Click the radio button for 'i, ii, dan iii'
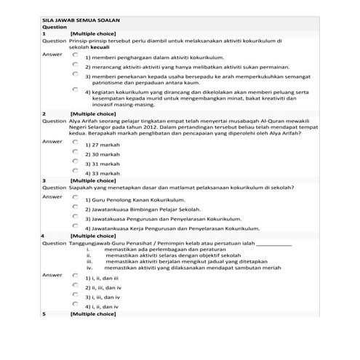(x=75, y=276)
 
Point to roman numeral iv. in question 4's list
(x=90, y=268)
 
